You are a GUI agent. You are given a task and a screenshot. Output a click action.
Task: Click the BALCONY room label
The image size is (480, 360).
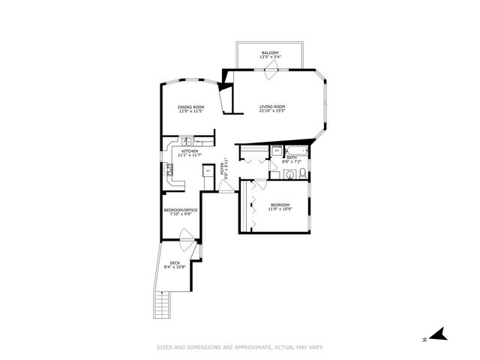pyautogui.click(x=269, y=53)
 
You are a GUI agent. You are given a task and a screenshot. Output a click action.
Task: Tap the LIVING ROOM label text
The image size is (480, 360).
pyautogui.click(x=272, y=107)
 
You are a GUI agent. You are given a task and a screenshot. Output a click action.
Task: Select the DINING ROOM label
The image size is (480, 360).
pyautogui.click(x=190, y=107)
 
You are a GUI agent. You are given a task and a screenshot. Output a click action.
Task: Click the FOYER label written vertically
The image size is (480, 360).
pyautogui.click(x=223, y=169)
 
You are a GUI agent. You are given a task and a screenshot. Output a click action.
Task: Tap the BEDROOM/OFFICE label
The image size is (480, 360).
pyautogui.click(x=181, y=210)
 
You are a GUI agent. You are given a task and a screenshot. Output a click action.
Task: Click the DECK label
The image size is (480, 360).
pyautogui.click(x=175, y=262)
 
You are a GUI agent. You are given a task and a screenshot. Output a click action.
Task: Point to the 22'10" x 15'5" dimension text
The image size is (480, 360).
pyautogui.click(x=272, y=112)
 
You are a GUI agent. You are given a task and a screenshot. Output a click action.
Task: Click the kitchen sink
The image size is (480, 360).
pyautogui.click(x=187, y=141)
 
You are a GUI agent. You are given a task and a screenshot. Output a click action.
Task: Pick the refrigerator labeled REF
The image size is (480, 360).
pyautogui.click(x=208, y=171)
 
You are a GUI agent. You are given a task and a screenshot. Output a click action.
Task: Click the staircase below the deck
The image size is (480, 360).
pyautogui.click(x=160, y=304)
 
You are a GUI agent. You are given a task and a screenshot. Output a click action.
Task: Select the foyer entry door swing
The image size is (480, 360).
pyautogui.click(x=225, y=187)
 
